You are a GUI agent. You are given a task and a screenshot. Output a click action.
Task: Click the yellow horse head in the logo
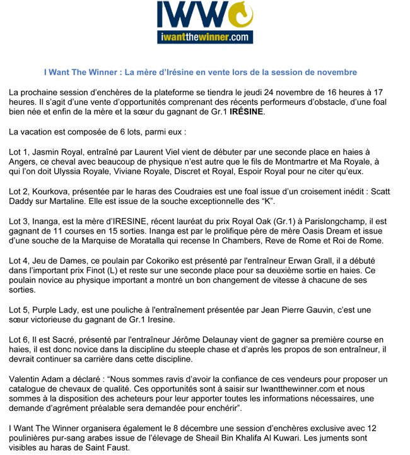[x=240, y=16]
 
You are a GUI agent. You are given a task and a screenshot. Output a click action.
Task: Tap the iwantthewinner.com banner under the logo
[x=204, y=38]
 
